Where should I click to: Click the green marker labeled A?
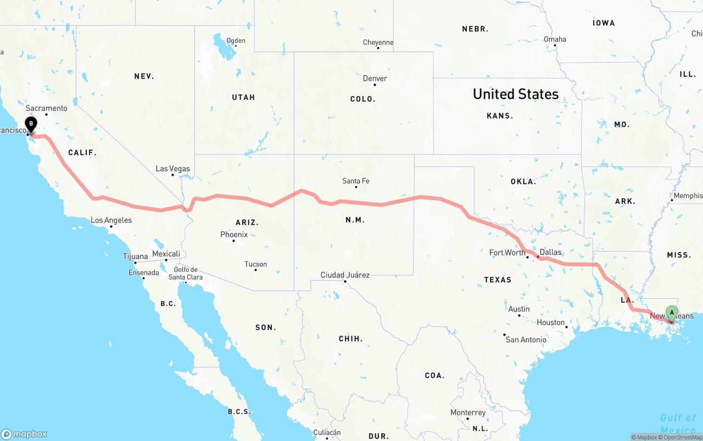coord(671,313)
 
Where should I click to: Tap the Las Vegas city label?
coord(172,169)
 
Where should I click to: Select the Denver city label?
coord(375,79)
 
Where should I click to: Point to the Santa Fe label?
coord(355,181)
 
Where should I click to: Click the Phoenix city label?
coord(233,235)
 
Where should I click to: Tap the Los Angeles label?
coord(111,220)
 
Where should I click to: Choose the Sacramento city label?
coord(46,108)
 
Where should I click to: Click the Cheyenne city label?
coord(378,42)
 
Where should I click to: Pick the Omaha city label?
coord(555,39)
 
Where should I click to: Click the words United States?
coord(516,94)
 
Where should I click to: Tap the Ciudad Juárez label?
coord(345,275)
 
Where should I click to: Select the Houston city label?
coord(551,322)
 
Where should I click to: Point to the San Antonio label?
coord(526,339)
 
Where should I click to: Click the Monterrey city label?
coord(468,412)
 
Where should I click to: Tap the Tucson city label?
coord(255,264)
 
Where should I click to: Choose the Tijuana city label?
coord(135,256)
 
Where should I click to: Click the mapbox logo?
coord(24,434)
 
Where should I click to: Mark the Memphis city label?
coord(688,196)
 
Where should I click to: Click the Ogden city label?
coord(236,41)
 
